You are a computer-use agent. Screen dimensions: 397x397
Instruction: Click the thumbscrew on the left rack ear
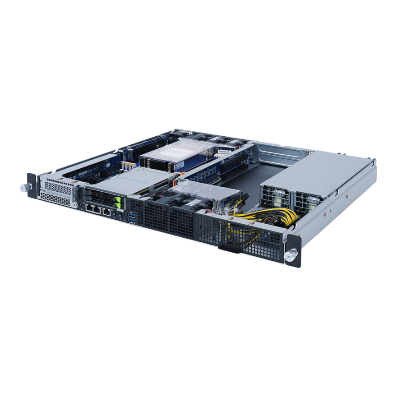[x=22, y=186]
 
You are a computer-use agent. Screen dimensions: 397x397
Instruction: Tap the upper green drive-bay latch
[x=119, y=199]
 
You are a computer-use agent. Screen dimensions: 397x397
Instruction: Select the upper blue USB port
[x=131, y=214]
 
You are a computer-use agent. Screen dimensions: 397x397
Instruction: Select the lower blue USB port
[x=132, y=220]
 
